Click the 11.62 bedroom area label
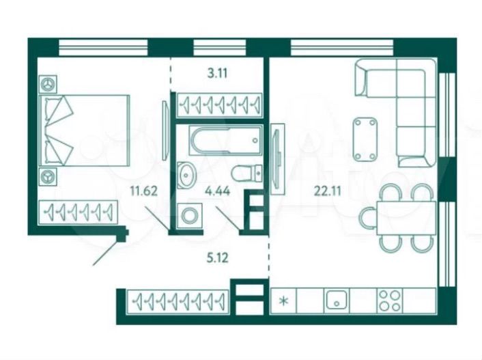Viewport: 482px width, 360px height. pos(144,191)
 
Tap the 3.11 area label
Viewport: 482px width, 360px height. pos(217,74)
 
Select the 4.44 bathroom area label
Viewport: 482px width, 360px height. pos(218,191)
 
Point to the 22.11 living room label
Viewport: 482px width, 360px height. pos(328,191)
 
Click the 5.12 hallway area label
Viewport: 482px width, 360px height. pos(217,258)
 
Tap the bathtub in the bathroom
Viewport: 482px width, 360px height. pos(225,140)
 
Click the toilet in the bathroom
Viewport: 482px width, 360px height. pos(246,174)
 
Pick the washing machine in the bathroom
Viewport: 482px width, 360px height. pos(190,215)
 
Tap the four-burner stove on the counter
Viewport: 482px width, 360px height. pos(390,301)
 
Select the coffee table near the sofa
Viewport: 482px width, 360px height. pos(365,139)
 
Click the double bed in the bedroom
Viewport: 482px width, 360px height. pos(85,130)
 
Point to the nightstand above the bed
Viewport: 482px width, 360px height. pos(48,84)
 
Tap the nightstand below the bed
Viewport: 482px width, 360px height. pos(48,177)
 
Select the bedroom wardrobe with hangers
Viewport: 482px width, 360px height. pos(79,211)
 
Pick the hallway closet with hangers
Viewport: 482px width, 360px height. pos(178,301)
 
